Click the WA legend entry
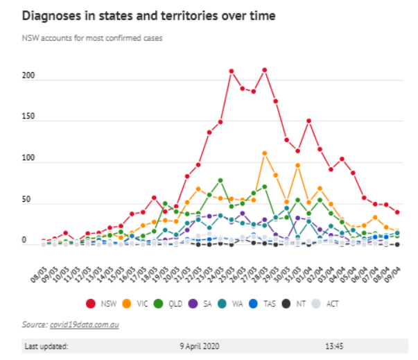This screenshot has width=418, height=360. (x=233, y=304)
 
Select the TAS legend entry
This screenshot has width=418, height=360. (x=266, y=304)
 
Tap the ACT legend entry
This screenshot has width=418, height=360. (x=329, y=304)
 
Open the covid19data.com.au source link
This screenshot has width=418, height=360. (x=84, y=324)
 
